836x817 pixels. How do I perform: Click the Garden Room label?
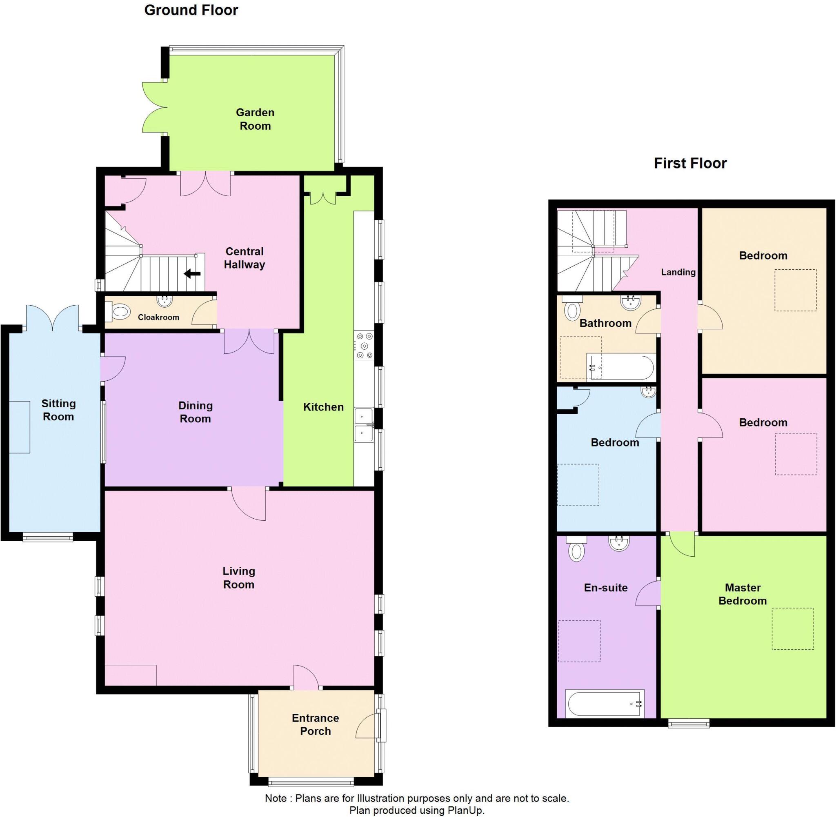click(255, 119)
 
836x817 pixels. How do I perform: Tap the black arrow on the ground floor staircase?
click(192, 273)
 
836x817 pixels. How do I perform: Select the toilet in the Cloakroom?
click(118, 311)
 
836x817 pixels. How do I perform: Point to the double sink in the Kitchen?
click(363, 425)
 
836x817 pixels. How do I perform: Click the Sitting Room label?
click(58, 410)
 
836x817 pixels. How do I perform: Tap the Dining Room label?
click(195, 412)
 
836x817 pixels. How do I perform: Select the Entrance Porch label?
click(316, 724)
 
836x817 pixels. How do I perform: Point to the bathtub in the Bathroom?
click(620, 367)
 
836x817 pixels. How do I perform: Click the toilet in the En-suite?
click(576, 551)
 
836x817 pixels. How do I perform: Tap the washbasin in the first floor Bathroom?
click(630, 302)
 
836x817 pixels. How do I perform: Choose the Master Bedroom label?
click(743, 594)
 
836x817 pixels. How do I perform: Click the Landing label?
click(678, 272)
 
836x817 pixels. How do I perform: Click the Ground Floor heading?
click(191, 10)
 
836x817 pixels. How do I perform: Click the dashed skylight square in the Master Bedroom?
click(792, 628)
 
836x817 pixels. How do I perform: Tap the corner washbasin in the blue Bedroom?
click(648, 391)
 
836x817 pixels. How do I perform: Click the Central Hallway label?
click(244, 258)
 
